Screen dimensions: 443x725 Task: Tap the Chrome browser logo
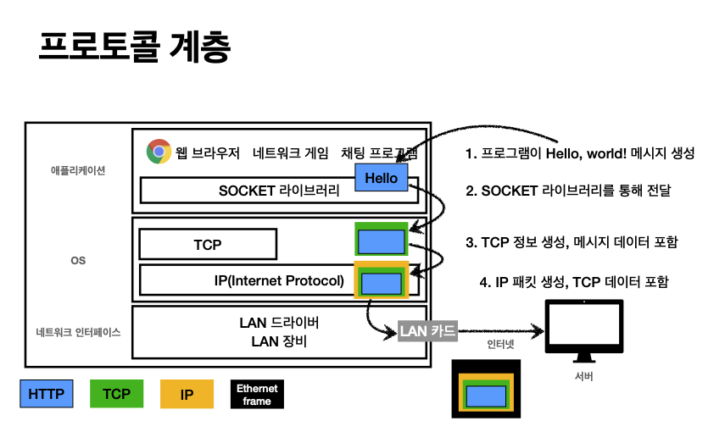[x=159, y=152]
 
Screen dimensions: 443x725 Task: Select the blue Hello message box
[x=381, y=178]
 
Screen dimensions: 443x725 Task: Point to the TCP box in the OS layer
[x=208, y=244]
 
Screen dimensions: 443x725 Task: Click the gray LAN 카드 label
[x=428, y=330]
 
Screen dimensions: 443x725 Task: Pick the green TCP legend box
[x=116, y=394]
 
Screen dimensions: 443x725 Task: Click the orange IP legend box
[x=187, y=394]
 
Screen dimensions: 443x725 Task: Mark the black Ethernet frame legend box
[x=257, y=394]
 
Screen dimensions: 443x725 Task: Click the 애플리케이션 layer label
[x=77, y=170]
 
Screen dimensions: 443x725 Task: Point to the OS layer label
[x=78, y=260]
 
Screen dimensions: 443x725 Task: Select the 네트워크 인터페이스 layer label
[x=78, y=332]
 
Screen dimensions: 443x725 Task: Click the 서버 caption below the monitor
[x=583, y=375]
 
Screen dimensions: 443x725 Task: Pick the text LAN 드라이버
[x=279, y=324]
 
